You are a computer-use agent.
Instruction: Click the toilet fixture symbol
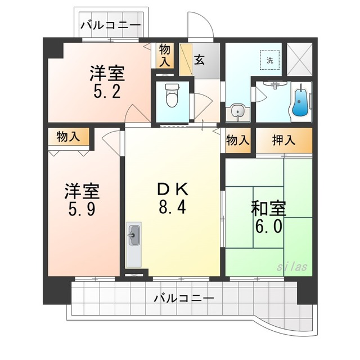172,95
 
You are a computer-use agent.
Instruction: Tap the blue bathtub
299,101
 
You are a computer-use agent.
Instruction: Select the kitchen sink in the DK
134,235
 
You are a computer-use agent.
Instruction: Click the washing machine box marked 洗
270,60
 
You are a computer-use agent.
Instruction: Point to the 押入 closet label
283,140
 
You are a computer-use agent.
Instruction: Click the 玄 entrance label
199,60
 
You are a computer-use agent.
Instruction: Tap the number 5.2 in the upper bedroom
107,91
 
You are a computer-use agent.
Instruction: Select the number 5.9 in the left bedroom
82,209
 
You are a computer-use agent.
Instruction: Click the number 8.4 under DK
172,207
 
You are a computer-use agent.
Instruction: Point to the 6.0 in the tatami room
269,226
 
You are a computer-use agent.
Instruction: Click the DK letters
173,189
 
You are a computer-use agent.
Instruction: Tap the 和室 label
269,208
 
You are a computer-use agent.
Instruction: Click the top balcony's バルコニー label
110,25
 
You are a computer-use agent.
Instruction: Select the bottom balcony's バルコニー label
184,298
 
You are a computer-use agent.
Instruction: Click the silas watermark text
292,267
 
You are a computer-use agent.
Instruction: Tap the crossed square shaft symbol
300,59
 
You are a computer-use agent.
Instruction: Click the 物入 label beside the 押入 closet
237,140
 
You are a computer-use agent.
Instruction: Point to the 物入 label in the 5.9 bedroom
68,137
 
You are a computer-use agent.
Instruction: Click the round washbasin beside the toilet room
237,112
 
